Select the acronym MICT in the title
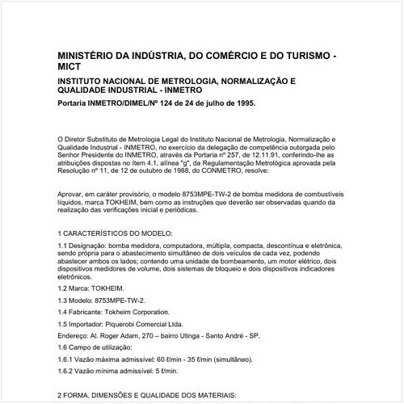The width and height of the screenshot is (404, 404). [72, 69]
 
